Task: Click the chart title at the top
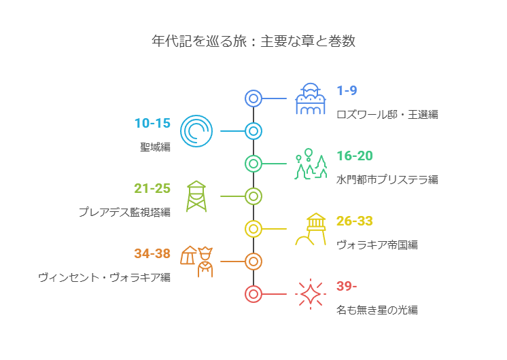point(253,41)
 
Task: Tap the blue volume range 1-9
point(347,90)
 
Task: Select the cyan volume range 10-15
point(152,123)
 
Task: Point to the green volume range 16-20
point(355,156)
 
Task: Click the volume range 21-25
point(152,188)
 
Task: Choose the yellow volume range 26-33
point(355,221)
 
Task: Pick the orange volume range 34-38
point(152,253)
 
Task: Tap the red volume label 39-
point(347,286)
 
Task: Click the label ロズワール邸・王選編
point(387,114)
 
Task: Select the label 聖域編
point(155,147)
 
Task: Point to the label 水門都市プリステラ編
point(387,180)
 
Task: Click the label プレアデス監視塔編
point(125,213)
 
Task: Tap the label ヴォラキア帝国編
point(377,245)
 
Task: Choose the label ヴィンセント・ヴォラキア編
point(105,278)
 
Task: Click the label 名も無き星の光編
point(377,310)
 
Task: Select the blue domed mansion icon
point(311,98)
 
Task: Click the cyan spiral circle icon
point(196,131)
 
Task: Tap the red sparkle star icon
point(311,293)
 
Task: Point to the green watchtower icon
point(196,196)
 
